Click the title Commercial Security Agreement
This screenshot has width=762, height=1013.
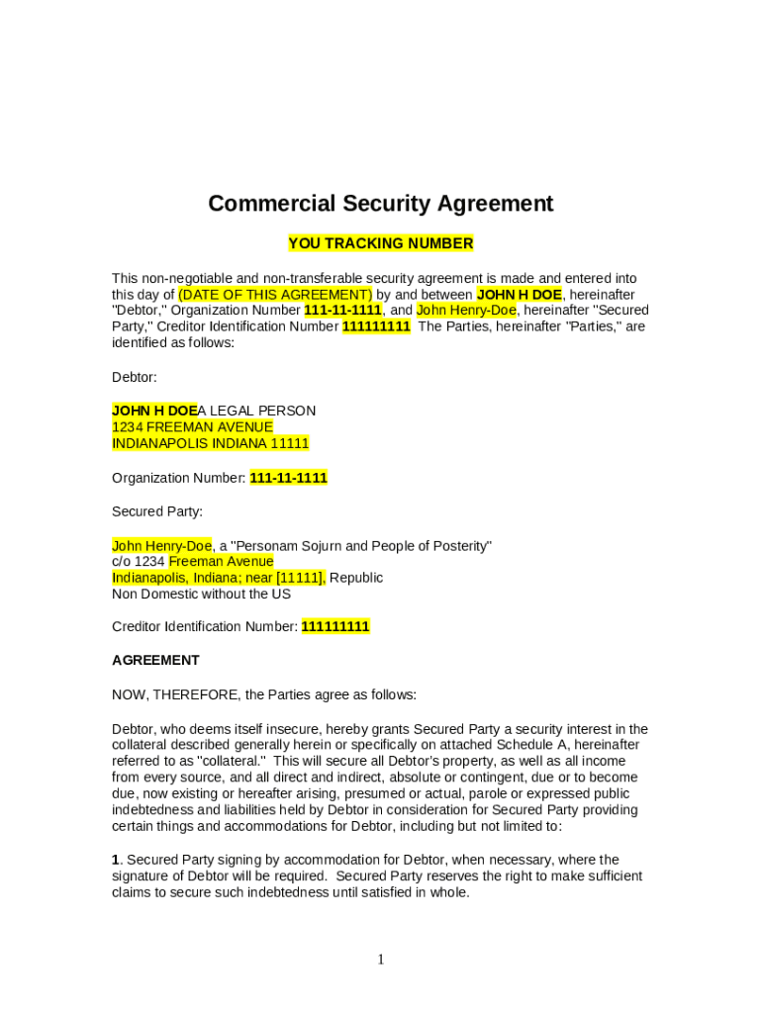click(x=380, y=204)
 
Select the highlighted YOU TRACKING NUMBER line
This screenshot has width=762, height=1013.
click(x=380, y=243)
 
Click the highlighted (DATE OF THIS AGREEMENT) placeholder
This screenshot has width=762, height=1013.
click(x=275, y=295)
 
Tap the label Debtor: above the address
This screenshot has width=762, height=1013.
click(x=134, y=377)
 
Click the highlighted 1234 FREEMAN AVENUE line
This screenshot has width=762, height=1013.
click(x=192, y=427)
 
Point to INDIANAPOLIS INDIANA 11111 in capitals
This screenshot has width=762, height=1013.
click(x=210, y=443)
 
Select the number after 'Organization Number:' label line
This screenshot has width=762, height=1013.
click(x=288, y=478)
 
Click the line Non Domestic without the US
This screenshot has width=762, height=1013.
click(x=201, y=595)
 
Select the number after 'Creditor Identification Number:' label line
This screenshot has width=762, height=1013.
click(x=335, y=627)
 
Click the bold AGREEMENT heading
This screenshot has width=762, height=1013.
click(x=155, y=661)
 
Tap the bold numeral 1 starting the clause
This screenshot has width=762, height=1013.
click(x=116, y=860)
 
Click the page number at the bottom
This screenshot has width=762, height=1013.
click(x=381, y=959)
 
